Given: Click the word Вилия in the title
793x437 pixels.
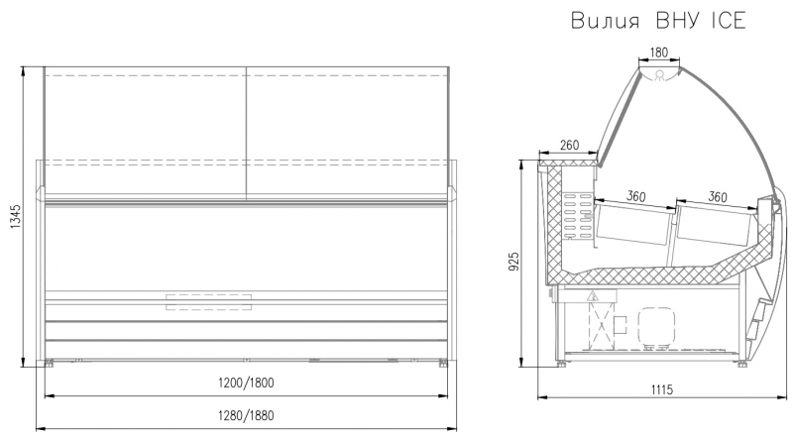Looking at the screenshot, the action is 606,21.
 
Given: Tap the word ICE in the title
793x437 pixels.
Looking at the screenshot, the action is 729,21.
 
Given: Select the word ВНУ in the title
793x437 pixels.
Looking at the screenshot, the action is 678,21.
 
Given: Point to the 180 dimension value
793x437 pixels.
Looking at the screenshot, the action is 658,53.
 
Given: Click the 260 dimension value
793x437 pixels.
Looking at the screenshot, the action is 569,145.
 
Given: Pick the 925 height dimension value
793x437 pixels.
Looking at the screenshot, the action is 513,262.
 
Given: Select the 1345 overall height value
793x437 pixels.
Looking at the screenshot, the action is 15,216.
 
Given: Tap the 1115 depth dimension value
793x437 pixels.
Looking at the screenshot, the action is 661,389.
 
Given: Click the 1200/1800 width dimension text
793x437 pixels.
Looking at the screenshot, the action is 246,382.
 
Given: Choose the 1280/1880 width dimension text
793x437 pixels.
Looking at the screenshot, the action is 246,416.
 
